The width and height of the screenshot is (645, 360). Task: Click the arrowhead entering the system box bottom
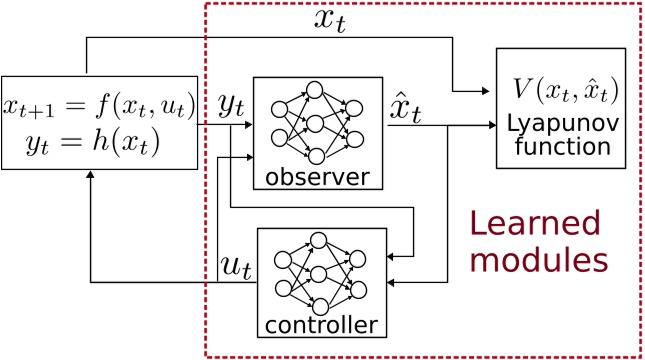(x=90, y=175)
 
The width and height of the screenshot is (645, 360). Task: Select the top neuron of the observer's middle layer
(x=314, y=92)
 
